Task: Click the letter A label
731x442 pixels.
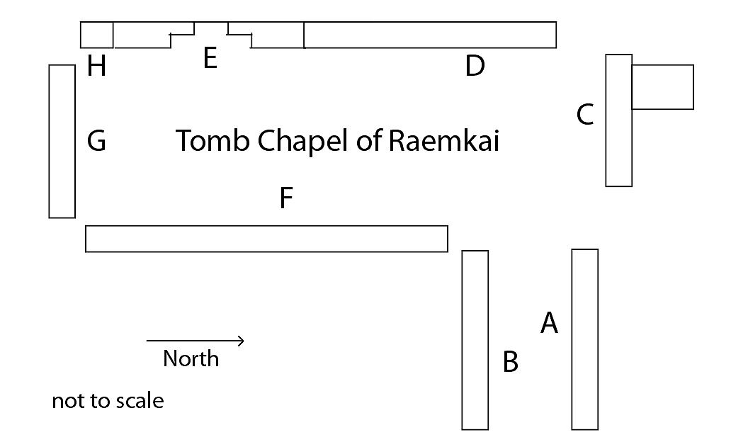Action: coord(549,323)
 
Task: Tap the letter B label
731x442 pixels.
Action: coord(510,362)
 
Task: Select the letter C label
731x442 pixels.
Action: coord(584,114)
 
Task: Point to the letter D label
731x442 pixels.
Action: coord(475,67)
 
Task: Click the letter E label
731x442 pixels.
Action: coord(210,58)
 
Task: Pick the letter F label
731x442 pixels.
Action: coord(286,198)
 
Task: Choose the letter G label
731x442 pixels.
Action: coord(96,141)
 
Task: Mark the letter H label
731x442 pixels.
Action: coord(96,67)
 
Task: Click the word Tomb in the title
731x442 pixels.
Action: coord(212,141)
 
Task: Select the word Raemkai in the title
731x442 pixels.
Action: coord(444,141)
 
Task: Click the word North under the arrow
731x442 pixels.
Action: coord(191,359)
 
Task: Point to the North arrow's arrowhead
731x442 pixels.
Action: coord(242,341)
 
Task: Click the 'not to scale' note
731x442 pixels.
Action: coord(108,401)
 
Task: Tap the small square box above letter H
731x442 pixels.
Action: coord(97,35)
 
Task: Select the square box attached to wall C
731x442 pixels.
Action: coord(662,86)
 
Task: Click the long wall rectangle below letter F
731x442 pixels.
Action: coord(266,239)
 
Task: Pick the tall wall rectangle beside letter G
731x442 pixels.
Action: coord(62,141)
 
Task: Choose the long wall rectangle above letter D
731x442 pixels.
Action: coord(429,35)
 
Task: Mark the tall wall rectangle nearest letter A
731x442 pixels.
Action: coord(584,339)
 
